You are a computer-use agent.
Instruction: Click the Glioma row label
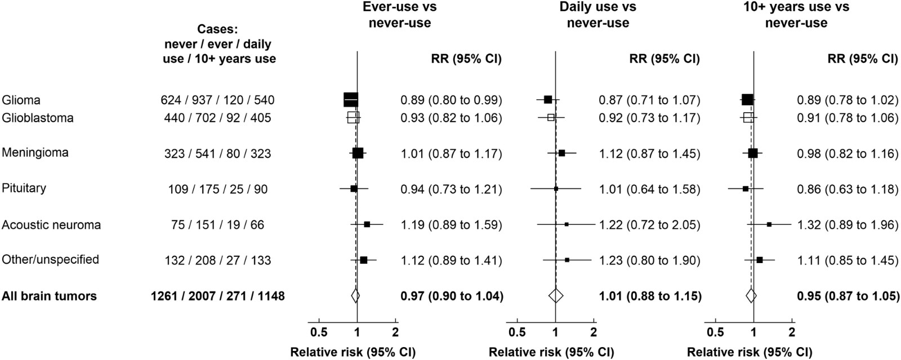click(21, 100)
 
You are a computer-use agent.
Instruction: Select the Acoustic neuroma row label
click(51, 225)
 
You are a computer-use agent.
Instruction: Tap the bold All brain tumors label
click(49, 296)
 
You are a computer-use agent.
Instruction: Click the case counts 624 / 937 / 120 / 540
click(217, 100)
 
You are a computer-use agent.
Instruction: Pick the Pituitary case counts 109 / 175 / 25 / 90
click(217, 189)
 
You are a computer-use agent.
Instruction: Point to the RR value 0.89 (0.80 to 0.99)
click(451, 100)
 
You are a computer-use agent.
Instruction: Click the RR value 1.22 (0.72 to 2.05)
click(649, 225)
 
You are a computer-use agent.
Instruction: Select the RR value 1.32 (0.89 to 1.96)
click(848, 225)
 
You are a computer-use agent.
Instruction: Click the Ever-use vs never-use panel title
click(399, 15)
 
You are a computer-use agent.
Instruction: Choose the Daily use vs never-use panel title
click(597, 15)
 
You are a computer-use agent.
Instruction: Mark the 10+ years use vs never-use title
click(796, 15)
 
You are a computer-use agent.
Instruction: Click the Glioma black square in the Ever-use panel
click(351, 100)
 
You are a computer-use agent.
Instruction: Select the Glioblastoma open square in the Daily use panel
click(551, 117)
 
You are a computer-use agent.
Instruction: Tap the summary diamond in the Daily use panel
click(556, 295)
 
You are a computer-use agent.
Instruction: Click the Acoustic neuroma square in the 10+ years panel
click(769, 224)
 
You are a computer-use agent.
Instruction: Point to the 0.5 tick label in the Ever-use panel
click(319, 332)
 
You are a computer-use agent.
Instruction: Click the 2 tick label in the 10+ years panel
click(792, 332)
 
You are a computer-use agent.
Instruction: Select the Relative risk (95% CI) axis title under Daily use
click(551, 352)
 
